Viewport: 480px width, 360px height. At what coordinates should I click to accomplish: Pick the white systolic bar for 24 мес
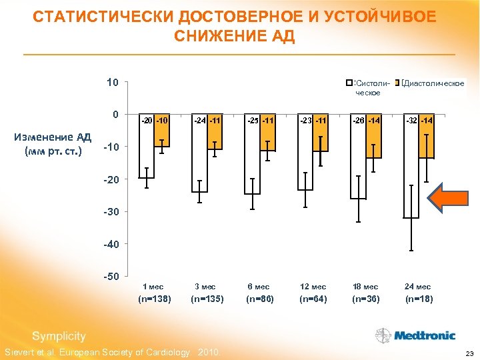point(411,167)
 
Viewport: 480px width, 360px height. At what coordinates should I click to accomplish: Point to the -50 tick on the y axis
point(111,276)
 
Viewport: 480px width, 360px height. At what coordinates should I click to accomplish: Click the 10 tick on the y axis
point(113,83)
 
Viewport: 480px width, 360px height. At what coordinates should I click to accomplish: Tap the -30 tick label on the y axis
point(111,211)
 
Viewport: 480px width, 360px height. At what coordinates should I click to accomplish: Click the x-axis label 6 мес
point(258,287)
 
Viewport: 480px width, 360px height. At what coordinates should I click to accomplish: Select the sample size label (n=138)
point(153,299)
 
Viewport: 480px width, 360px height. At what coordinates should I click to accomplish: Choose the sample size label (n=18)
point(417,299)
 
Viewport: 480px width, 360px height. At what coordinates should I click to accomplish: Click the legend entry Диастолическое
point(433,83)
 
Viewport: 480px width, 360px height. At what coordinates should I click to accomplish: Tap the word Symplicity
point(59,335)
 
